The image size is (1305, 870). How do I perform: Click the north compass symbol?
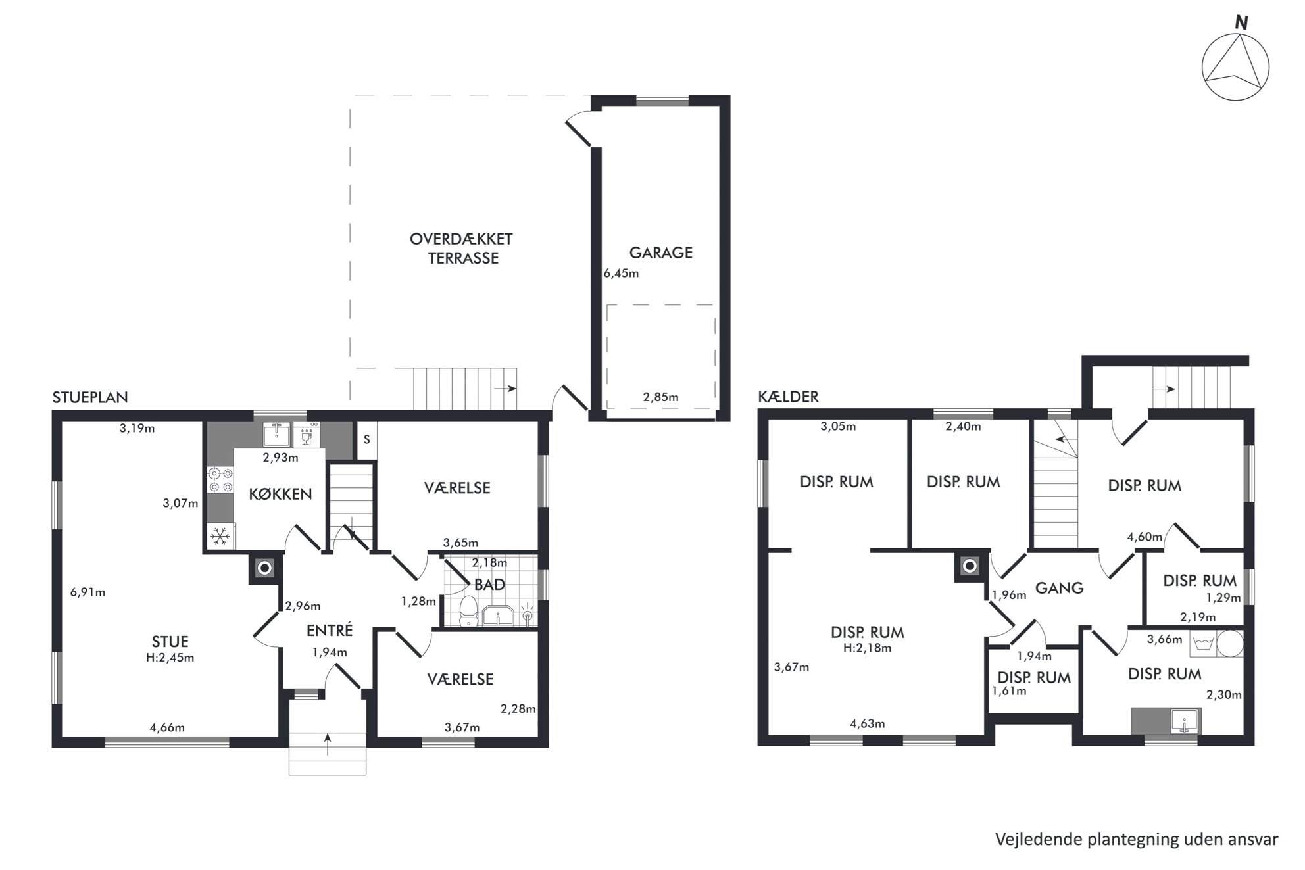[1235, 68]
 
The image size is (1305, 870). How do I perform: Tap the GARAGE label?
[660, 253]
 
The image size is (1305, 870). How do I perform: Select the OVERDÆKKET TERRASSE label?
[461, 249]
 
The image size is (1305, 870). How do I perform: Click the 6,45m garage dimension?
[621, 274]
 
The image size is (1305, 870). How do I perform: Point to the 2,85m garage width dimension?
[660, 397]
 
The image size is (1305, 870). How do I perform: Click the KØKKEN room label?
[280, 494]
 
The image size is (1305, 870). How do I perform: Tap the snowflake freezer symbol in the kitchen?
[220, 537]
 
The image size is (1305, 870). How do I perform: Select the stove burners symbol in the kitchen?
[220, 479]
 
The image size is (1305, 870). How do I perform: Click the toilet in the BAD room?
[468, 612]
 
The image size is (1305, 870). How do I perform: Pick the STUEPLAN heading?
[90, 397]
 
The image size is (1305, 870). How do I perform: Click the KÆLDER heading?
[788, 397]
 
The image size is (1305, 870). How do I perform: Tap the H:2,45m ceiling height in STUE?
[170, 658]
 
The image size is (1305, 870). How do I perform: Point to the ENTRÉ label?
[330, 630]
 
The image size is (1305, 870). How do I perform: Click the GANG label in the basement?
[1059, 588]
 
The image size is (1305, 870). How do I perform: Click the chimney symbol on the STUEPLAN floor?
[264, 568]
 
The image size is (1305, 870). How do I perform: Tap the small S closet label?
[366, 439]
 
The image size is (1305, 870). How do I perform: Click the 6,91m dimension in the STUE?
[87, 592]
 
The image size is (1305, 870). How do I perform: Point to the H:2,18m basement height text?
[867, 648]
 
